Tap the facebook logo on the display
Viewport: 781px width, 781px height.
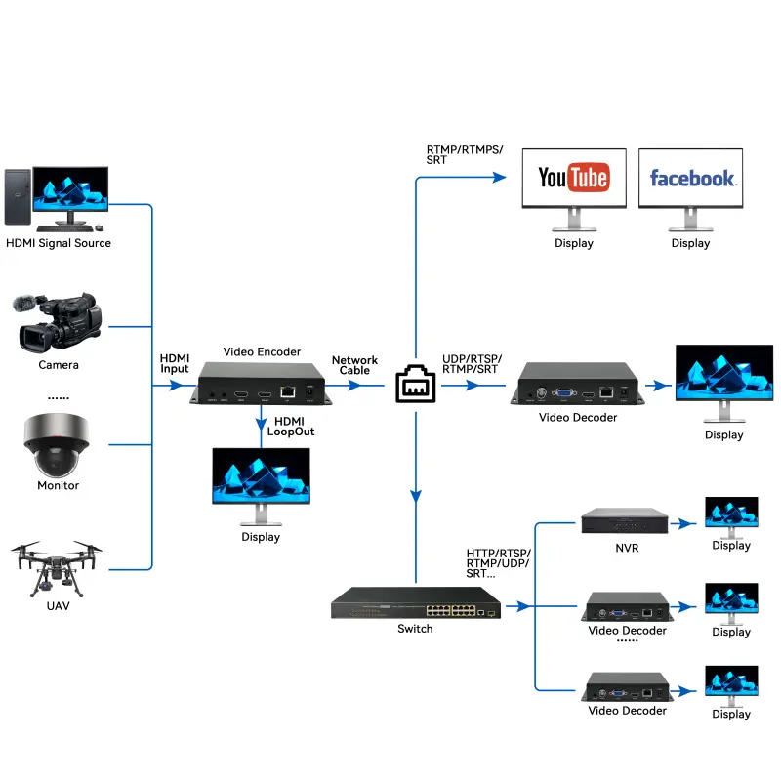692,178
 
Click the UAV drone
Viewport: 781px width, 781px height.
57,569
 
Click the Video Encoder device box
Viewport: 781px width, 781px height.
262,383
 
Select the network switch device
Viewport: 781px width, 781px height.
415,602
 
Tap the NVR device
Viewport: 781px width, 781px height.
627,521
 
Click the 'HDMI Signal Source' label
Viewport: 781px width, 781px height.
59,243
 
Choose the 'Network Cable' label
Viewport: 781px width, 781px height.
354,366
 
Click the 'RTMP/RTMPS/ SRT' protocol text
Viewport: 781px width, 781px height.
465,153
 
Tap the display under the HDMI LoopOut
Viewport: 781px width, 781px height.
261,476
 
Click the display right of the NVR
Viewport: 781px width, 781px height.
731,514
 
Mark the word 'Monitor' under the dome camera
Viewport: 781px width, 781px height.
58,485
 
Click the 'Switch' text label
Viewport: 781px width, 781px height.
415,629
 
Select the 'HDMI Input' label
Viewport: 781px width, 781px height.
175,363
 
